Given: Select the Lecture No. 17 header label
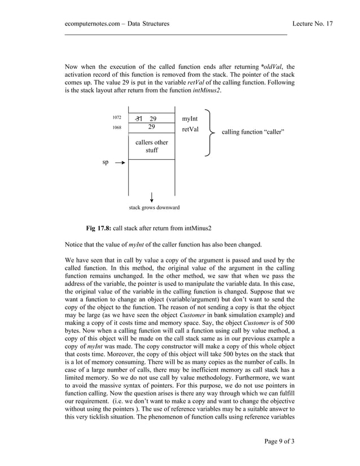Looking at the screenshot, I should [x=313, y=23].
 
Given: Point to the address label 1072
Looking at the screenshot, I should [x=116, y=118].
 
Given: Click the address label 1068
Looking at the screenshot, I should [x=116, y=128].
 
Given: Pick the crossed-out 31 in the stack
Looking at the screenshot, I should [x=139, y=118].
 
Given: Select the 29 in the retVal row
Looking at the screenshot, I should [x=152, y=128].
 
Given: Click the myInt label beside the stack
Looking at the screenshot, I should [x=190, y=118].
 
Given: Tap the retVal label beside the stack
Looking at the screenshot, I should [x=191, y=130].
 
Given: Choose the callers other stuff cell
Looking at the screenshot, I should [x=152, y=147].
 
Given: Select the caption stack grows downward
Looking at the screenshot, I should [x=154, y=208].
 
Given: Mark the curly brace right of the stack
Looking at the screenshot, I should [x=210, y=133].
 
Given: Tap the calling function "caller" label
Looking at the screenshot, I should [x=253, y=132].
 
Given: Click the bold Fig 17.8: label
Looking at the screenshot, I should [x=98, y=228].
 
